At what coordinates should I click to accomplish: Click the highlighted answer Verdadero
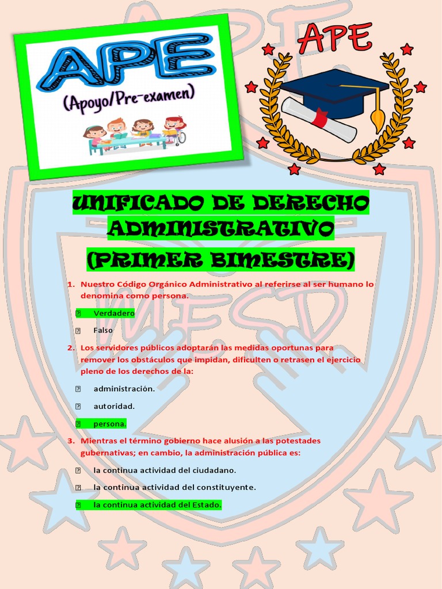pos(114,313)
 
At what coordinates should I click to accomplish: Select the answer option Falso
pos(103,330)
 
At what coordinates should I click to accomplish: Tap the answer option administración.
pos(124,388)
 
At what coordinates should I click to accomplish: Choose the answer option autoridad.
pos(114,406)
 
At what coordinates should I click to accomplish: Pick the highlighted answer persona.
pos(109,424)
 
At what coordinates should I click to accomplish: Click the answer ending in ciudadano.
pos(165,470)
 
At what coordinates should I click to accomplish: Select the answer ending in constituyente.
pos(174,487)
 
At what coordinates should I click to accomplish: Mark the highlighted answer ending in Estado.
pos(157,505)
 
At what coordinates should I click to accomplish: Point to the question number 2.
pos(71,348)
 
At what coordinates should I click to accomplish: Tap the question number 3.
pos(71,441)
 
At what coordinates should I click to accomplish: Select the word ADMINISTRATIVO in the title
pos(221,230)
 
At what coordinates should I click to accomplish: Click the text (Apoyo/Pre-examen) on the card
pos(129,98)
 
